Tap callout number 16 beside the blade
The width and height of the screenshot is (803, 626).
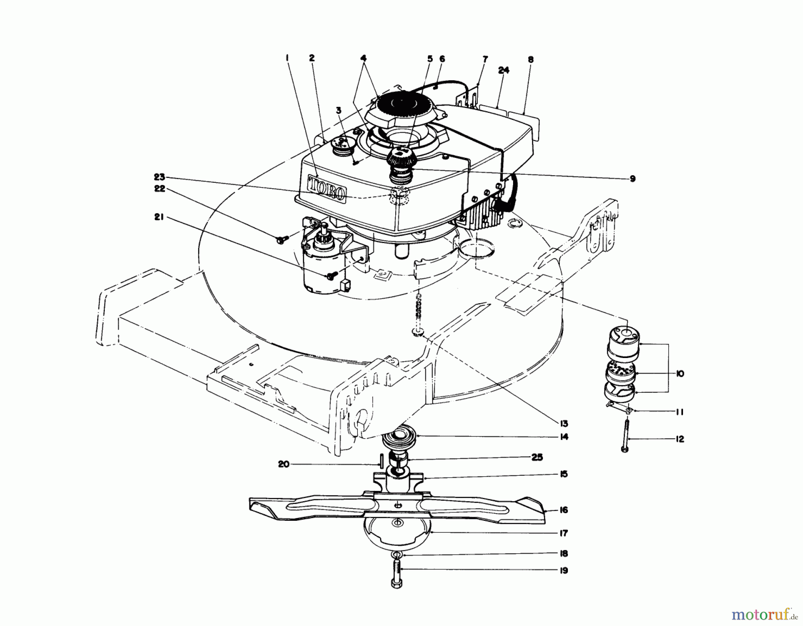(564, 510)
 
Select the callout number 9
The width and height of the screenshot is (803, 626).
(633, 179)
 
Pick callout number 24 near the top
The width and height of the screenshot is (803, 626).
(505, 70)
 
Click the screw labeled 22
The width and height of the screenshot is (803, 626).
(280, 240)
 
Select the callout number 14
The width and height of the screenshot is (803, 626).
(564, 437)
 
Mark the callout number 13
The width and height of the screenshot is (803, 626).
(564, 423)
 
